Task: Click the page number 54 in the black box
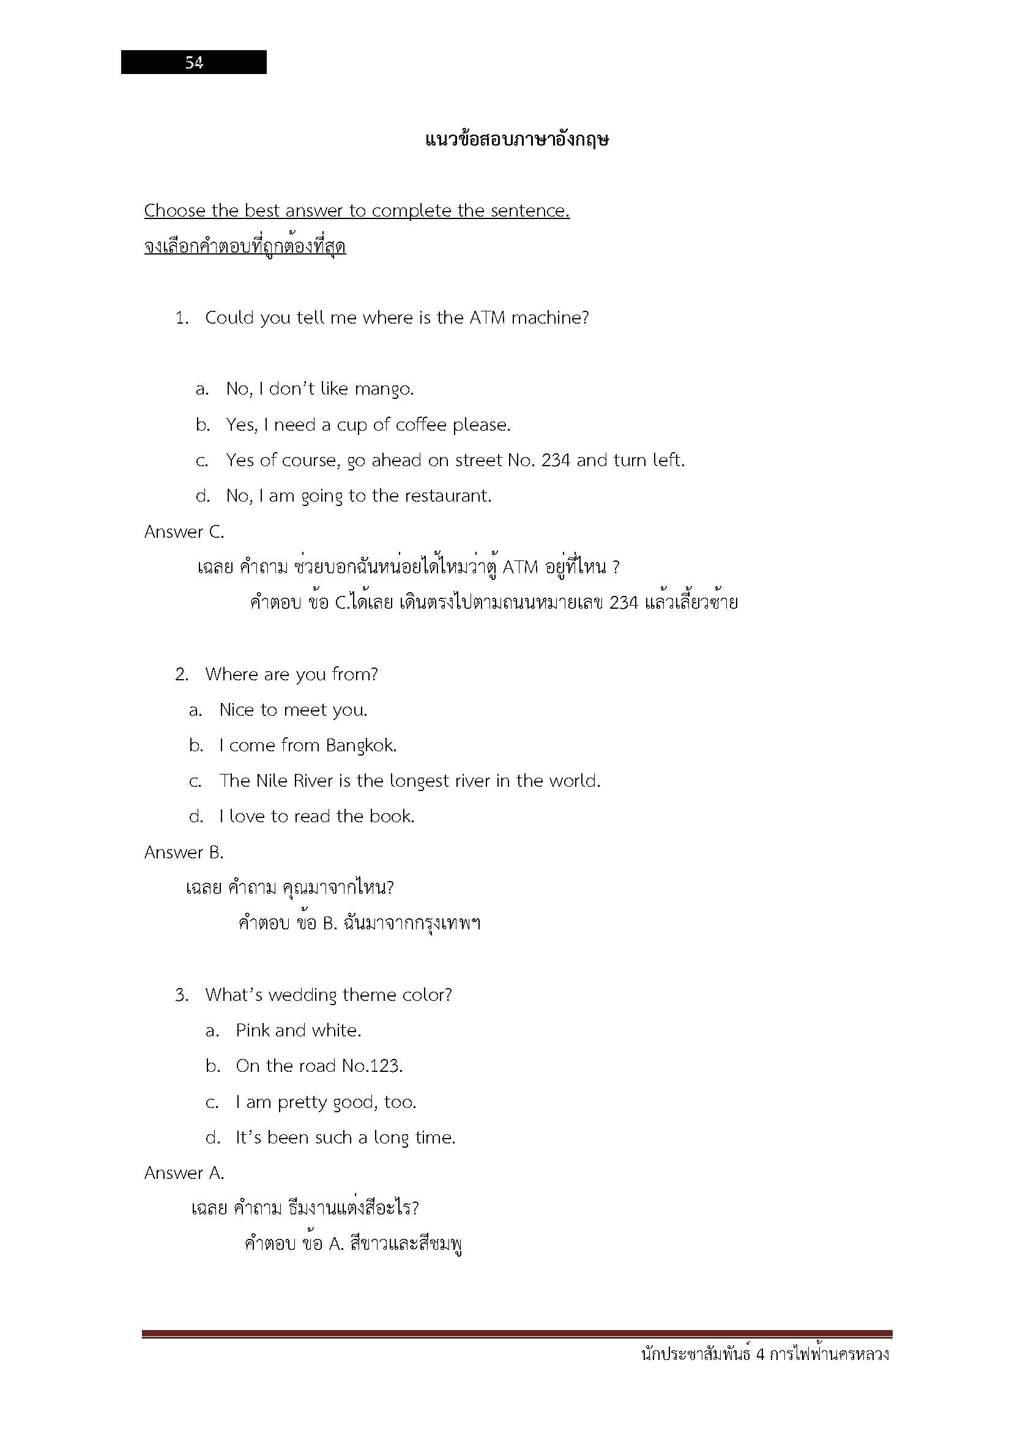pos(194,62)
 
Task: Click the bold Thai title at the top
pos(516,139)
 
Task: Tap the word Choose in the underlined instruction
pos(175,210)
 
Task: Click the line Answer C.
pos(184,532)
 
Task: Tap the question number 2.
pos(181,674)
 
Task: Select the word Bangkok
pos(362,745)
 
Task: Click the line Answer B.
pos(184,852)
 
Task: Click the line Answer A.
pos(184,1173)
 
